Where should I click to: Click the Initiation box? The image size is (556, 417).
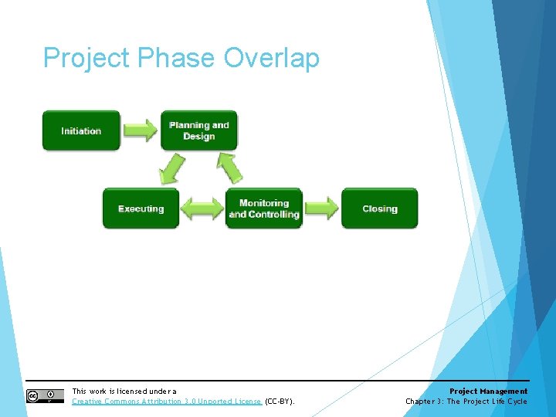81,131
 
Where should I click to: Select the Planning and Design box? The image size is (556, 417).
199,131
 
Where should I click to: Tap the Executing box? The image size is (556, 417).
141,208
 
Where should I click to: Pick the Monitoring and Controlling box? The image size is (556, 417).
263,208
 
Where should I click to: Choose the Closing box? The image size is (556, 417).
379,208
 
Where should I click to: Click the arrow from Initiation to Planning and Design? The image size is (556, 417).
141,130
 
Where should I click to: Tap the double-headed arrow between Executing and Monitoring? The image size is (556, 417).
202,208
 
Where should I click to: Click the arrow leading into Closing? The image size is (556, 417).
320,208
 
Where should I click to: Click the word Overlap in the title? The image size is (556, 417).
271,58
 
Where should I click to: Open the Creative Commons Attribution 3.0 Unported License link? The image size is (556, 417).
167,402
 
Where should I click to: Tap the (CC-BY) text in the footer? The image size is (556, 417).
280,402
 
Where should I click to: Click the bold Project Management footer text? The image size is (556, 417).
488,392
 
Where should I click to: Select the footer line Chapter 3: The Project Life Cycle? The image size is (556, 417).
466,402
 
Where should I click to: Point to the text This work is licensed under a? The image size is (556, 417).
124,392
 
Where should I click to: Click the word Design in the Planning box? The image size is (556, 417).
199,137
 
